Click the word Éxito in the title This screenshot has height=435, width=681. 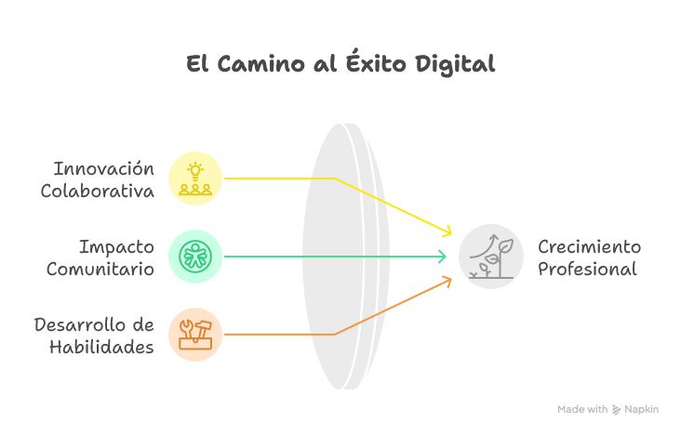pos(376,64)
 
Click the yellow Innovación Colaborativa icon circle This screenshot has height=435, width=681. pos(195,178)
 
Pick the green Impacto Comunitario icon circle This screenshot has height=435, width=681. pos(195,256)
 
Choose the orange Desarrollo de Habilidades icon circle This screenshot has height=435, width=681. pos(195,334)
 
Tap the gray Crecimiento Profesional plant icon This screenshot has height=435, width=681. pos(491,256)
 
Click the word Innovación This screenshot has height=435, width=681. pos(103,169)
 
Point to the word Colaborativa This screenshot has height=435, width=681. pos(97,191)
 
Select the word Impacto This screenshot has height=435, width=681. pos(115,247)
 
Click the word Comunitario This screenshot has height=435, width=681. pos(100,270)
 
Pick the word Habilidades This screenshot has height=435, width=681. pos(101,348)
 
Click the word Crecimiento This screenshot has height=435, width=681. pos(589,247)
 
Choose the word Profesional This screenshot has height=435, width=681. pos(587,270)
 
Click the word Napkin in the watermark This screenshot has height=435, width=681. pos(642,409)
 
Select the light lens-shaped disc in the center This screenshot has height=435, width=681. pos(342,256)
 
